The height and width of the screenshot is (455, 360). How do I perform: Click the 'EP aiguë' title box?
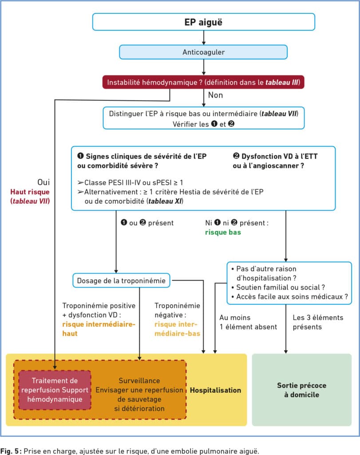pos(203,22)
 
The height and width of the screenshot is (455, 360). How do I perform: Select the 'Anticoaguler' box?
pos(203,52)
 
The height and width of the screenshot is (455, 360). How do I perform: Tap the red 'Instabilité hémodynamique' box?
pos(203,82)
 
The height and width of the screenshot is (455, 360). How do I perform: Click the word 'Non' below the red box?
pos(215,95)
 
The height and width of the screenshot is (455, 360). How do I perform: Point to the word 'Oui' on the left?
pos(44,182)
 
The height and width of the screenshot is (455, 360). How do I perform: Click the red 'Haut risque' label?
pos(30,192)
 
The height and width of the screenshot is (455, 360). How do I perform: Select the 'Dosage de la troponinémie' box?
pos(121,281)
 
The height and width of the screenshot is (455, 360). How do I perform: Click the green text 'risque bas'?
pos(223,232)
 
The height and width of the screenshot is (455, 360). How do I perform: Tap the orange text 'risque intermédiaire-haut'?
pos(99,329)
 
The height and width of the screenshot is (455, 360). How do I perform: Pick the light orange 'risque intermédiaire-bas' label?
pos(177,329)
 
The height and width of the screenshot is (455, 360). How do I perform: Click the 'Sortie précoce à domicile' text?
pos(301,390)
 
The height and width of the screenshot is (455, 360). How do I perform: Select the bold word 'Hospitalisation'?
pos(215,390)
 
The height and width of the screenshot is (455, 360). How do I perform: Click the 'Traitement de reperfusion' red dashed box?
pos(55,390)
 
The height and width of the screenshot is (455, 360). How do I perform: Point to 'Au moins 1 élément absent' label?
pos(248,322)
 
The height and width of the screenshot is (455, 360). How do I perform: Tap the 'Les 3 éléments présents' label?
pos(318,322)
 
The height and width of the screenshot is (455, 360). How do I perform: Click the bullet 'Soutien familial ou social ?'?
pos(278,287)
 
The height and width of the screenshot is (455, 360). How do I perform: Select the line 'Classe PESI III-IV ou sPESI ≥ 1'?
pos(130,183)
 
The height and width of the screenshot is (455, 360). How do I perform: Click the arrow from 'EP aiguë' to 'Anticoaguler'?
pos(203,37)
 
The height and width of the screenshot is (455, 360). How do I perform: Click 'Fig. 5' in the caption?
pos(11,451)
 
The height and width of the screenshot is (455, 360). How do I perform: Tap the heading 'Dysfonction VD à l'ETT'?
pos(275,156)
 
